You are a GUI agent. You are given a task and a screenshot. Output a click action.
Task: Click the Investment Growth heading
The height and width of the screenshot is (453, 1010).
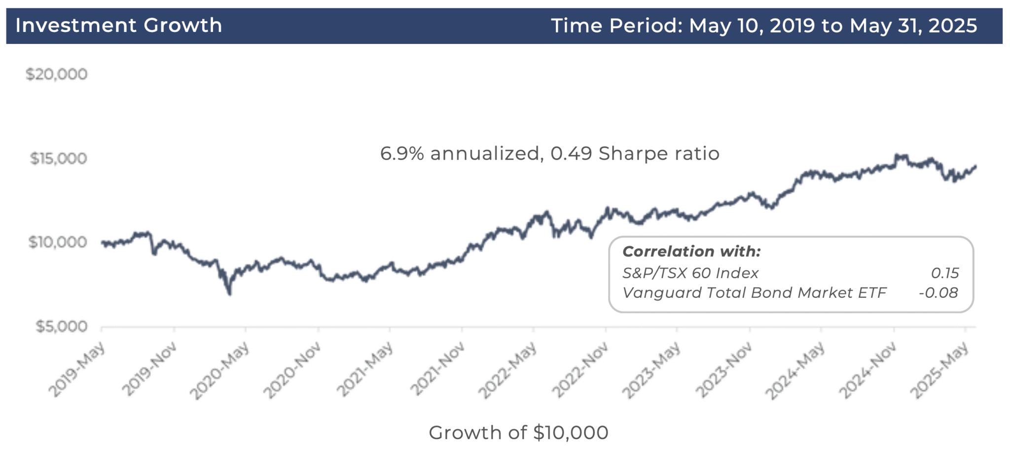[118, 26]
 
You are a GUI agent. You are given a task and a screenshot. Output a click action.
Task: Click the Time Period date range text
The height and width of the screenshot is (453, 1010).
[763, 26]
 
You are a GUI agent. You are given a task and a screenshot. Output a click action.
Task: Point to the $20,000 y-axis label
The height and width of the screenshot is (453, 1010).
[57, 74]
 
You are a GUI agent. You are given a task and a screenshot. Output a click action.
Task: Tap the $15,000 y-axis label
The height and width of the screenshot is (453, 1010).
[58, 159]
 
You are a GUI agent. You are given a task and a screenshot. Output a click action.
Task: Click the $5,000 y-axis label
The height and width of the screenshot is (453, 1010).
[61, 326]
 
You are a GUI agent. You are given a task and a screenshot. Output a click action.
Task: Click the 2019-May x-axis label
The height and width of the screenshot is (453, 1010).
[77, 370]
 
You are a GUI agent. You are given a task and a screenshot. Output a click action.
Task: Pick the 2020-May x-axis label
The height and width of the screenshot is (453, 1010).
[220, 371]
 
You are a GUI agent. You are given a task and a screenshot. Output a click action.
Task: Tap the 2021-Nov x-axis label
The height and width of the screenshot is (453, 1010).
[438, 370]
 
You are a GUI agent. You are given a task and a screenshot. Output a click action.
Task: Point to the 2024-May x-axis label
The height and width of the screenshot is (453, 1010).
[795, 371]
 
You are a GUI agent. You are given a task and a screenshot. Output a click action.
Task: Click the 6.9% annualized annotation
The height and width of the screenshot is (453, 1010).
[461, 154]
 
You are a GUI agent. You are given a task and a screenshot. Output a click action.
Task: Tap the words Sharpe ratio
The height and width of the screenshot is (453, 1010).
[659, 154]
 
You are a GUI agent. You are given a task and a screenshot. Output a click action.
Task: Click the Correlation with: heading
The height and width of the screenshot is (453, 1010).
[691, 251]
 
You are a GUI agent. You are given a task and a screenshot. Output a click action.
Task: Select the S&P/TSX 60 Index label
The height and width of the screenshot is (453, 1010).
[690, 273]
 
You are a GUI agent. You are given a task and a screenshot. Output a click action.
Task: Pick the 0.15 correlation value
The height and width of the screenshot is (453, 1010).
[944, 273]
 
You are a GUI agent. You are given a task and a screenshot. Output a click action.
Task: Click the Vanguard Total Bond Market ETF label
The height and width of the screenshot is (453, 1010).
[754, 293]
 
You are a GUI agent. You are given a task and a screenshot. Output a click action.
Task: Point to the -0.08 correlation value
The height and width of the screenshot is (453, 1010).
[938, 293]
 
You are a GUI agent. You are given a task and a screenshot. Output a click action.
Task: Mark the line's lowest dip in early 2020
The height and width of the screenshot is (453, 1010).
[230, 294]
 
